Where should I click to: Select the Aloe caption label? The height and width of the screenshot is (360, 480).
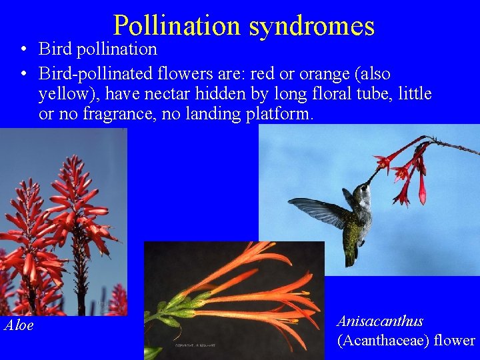19,325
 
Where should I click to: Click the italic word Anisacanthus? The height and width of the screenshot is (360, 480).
380,321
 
